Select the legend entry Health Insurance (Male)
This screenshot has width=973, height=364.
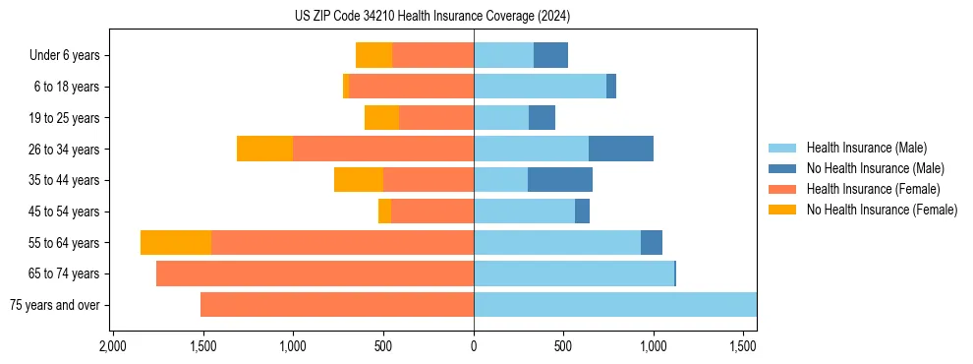point(866,148)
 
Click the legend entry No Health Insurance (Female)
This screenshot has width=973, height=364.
point(882,210)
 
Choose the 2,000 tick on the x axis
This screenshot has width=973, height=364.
point(113,346)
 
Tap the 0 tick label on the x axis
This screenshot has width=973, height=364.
point(474,346)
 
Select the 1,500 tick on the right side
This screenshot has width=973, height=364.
point(743,346)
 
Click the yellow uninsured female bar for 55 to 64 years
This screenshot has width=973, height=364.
point(176,243)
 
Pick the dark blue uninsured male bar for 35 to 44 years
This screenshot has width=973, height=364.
point(560,180)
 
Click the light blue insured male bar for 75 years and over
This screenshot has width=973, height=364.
point(614,305)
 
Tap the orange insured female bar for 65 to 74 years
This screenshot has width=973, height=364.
point(315,273)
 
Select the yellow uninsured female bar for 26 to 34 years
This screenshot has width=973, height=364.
point(264,149)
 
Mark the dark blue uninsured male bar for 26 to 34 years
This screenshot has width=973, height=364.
point(621,149)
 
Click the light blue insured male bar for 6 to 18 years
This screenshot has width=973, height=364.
point(540,87)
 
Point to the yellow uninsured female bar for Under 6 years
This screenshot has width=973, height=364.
point(373,55)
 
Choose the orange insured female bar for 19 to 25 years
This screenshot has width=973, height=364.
point(436,118)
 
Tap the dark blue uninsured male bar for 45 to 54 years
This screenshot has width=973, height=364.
point(582,212)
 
